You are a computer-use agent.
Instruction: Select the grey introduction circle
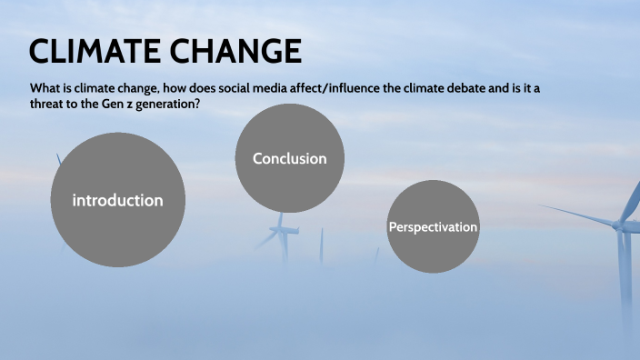[x=118, y=200]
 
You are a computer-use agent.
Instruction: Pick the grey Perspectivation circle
[x=433, y=226]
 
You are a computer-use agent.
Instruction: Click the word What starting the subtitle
[x=46, y=89]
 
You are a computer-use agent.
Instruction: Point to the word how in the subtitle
[x=170, y=89]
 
